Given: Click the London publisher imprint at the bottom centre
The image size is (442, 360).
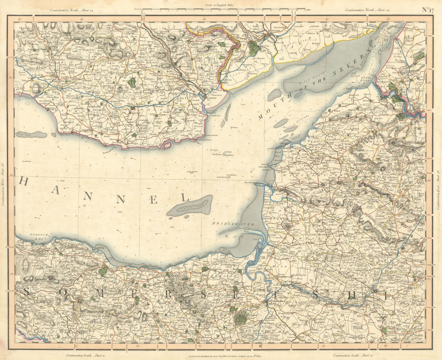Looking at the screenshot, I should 221,355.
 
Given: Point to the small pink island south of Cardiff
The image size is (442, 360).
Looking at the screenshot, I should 167,144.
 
